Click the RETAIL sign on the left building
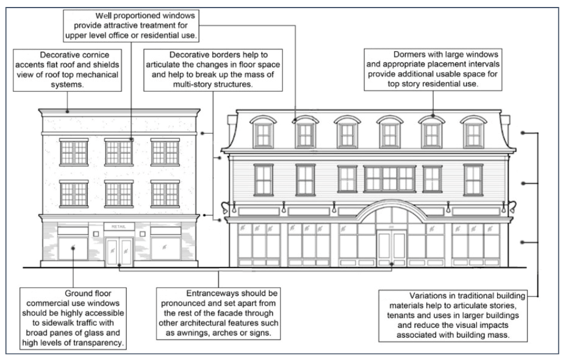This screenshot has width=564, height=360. coord(119,226)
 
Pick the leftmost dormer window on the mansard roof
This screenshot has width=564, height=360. coord(263,131)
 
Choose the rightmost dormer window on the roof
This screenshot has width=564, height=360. coord(473,131)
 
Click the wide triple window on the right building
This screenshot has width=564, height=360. coord(390,179)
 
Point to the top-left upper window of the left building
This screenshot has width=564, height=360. coord(73,152)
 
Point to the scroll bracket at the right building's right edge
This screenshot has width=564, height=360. coord(512,205)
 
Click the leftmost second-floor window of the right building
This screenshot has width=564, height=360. coord(263,179)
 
